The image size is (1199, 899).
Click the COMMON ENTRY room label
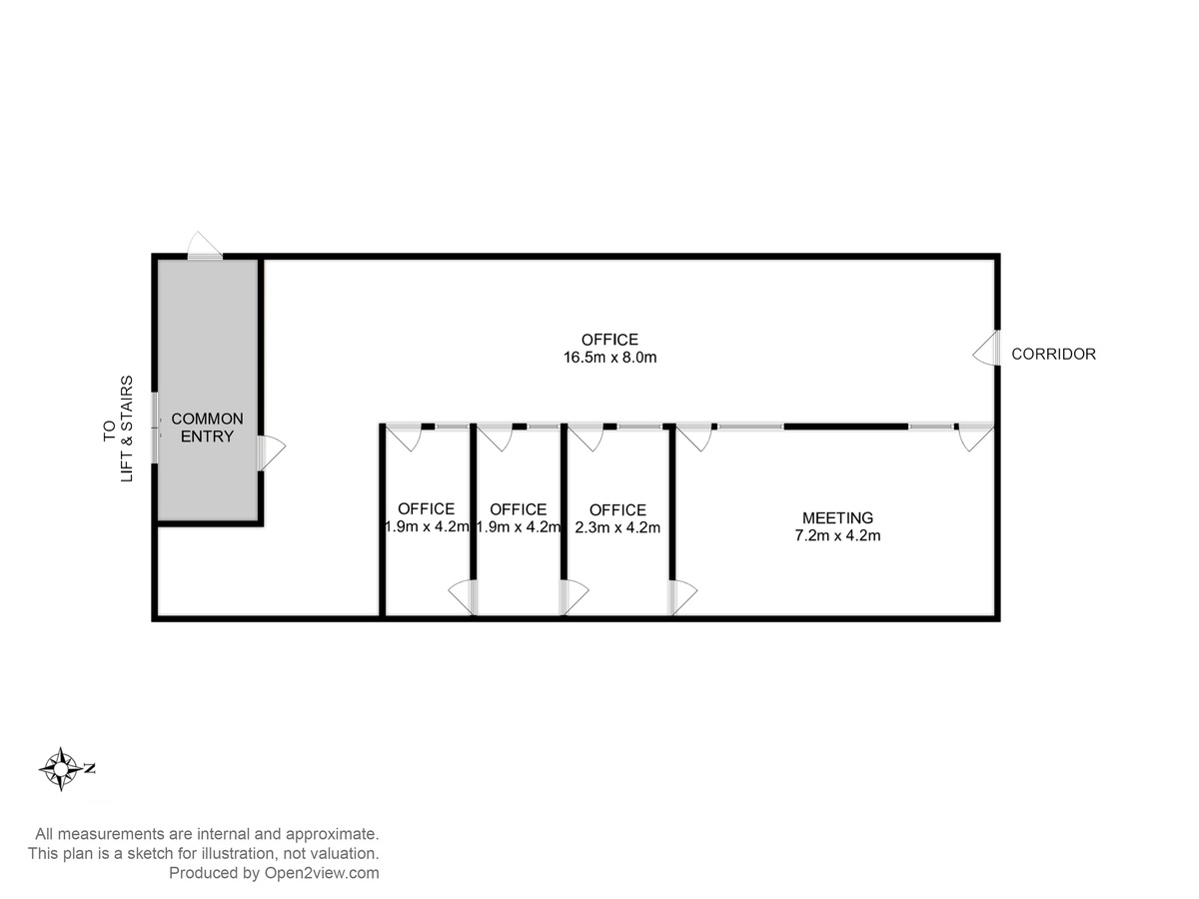pyautogui.click(x=207, y=428)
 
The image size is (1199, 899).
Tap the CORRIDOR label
pyautogui.click(x=1054, y=355)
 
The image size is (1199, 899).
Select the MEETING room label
pyautogui.click(x=837, y=517)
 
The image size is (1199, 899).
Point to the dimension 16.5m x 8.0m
pyautogui.click(x=610, y=358)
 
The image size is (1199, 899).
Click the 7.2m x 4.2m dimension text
pyautogui.click(x=837, y=535)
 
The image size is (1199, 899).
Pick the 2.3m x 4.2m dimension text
pyautogui.click(x=617, y=527)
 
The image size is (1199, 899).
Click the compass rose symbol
pyautogui.click(x=61, y=769)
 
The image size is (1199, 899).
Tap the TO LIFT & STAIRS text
pyautogui.click(x=118, y=429)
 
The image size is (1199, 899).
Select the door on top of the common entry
pyautogui.click(x=205, y=246)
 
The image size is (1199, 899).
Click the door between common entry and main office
pyautogui.click(x=271, y=452)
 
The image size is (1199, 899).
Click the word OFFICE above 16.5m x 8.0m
pyautogui.click(x=609, y=340)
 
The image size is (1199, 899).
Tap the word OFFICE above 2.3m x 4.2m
pyautogui.click(x=617, y=509)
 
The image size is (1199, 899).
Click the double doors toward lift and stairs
pyautogui.click(x=156, y=428)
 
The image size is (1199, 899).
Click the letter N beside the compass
pyautogui.click(x=90, y=768)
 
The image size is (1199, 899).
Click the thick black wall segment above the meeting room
pyautogui.click(x=846, y=427)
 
